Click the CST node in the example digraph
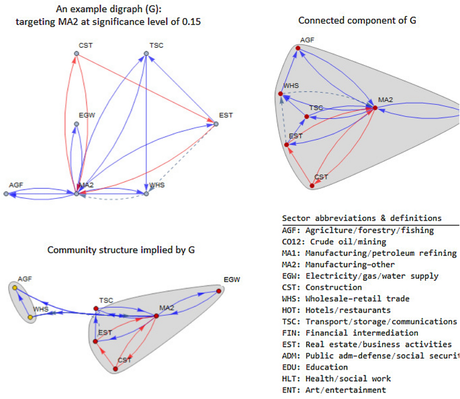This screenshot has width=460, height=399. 76,54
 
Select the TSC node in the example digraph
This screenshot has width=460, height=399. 146,54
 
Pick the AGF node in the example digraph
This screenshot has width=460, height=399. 6,194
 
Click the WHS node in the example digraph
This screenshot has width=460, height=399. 146,194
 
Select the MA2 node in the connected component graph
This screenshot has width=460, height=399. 367,107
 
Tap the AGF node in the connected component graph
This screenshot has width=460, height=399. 297,48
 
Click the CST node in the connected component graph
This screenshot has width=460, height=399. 312,185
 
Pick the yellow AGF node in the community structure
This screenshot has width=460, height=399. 15,287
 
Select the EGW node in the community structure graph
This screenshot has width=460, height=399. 218,290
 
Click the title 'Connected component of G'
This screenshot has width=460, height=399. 357,20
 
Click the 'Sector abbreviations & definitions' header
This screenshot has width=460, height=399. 362,218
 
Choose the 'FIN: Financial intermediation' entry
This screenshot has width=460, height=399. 352,332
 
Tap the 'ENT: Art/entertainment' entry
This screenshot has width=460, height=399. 334,390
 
